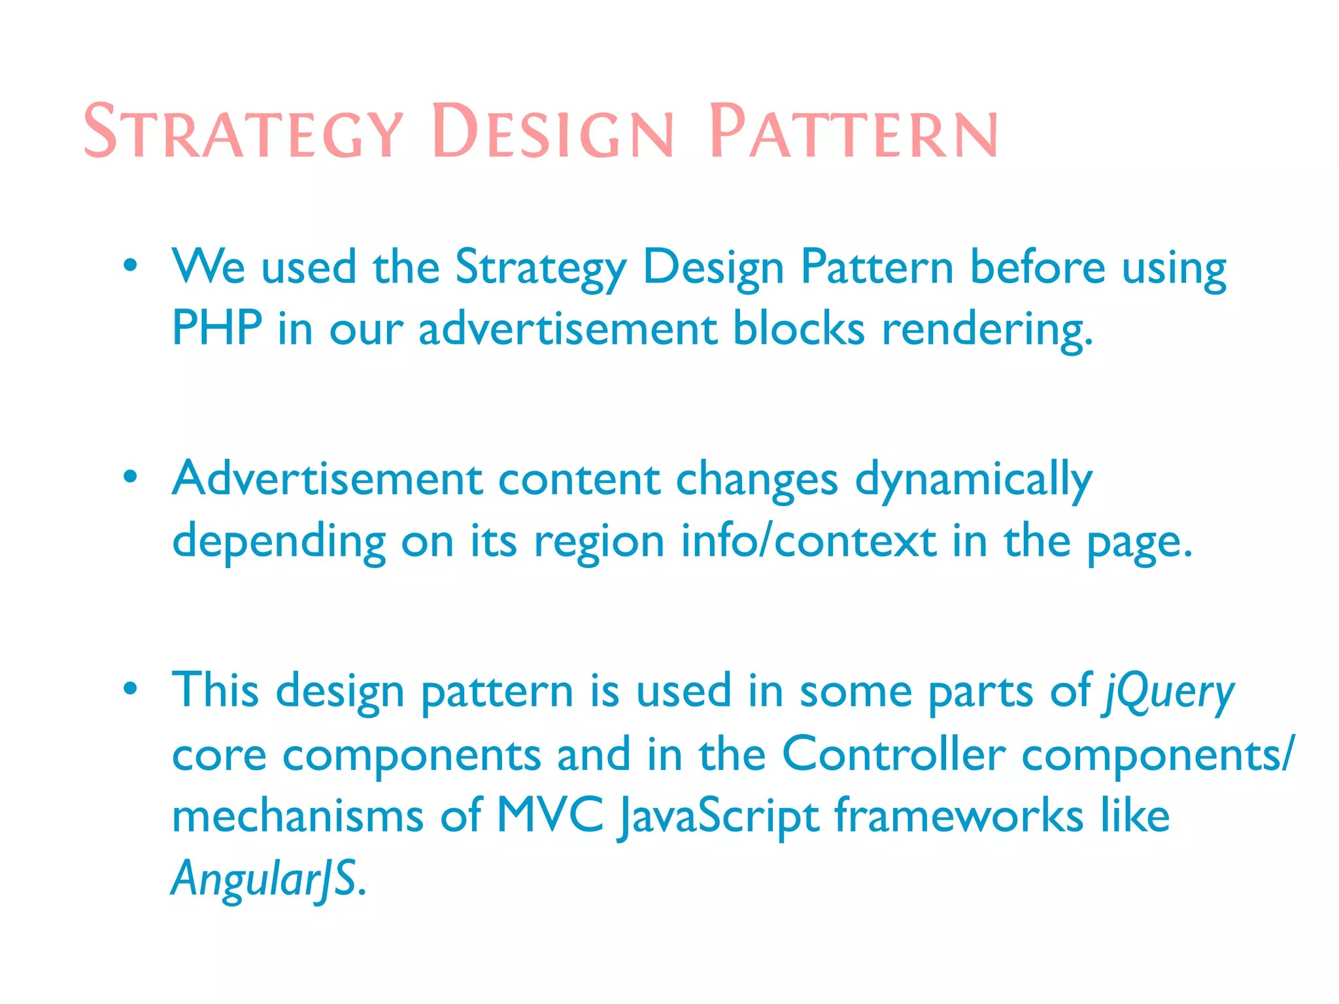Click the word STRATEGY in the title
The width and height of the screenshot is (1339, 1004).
pyautogui.click(x=243, y=132)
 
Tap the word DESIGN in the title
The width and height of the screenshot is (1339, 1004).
pyautogui.click(x=552, y=132)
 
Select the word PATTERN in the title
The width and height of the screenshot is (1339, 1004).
pyautogui.click(x=853, y=132)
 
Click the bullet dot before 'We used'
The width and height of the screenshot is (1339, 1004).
pyautogui.click(x=131, y=266)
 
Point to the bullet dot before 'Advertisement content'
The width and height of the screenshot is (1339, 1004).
pyautogui.click(x=131, y=477)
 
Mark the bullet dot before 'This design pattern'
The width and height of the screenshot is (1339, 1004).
pyautogui.click(x=131, y=688)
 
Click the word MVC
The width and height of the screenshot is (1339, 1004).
pyautogui.click(x=551, y=816)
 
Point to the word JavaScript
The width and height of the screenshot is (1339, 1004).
pyautogui.click(x=717, y=817)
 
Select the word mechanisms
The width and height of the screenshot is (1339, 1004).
pyautogui.click(x=297, y=816)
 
